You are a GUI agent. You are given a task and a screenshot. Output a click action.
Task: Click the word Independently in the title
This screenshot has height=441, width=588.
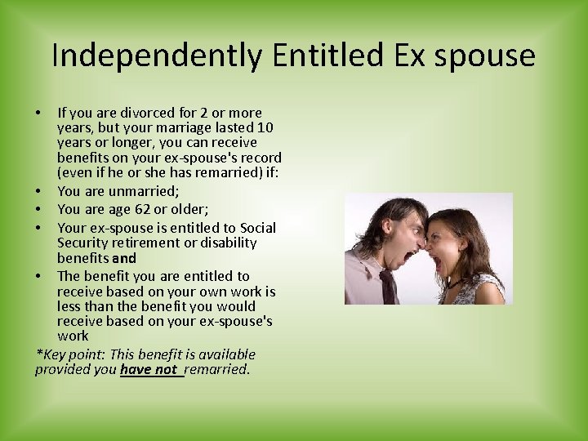(x=156, y=56)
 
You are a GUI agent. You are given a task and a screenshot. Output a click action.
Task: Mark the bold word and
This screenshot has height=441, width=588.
(x=123, y=258)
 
